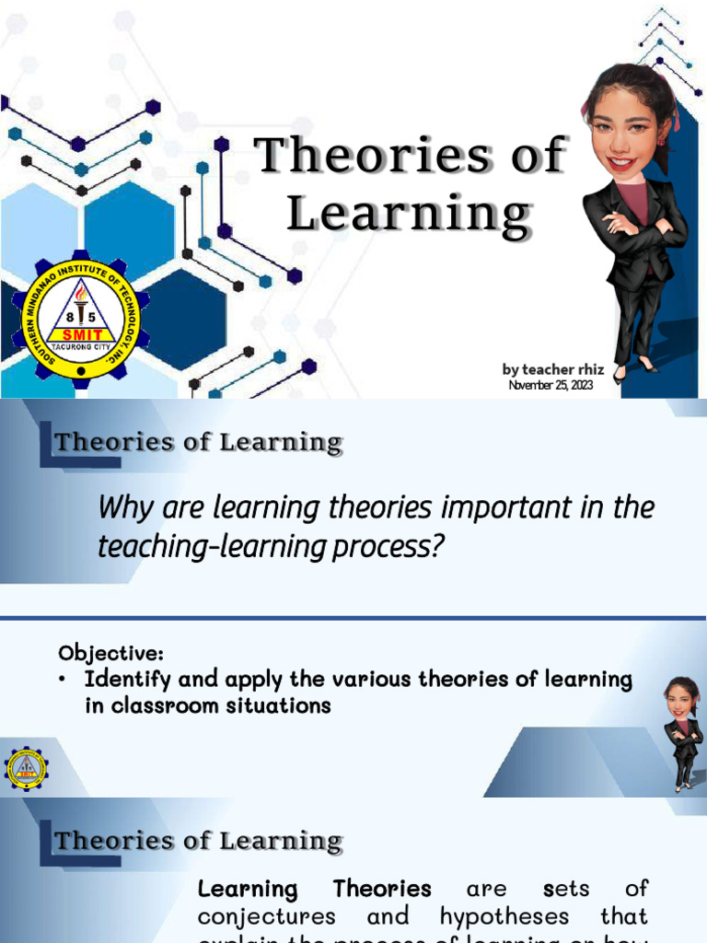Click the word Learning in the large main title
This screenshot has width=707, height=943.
pyautogui.click(x=409, y=214)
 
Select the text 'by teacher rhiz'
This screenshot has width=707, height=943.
pyautogui.click(x=552, y=369)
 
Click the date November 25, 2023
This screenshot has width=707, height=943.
pyautogui.click(x=551, y=385)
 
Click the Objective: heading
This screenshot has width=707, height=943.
pyautogui.click(x=110, y=653)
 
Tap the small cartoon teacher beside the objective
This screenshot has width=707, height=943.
pyautogui.click(x=681, y=733)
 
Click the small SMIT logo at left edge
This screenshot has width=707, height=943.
pyautogui.click(x=24, y=768)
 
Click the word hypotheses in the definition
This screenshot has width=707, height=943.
pyautogui.click(x=504, y=917)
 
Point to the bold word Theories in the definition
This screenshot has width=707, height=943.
pyautogui.click(x=382, y=890)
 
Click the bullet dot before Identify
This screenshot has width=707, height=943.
pyautogui.click(x=63, y=681)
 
